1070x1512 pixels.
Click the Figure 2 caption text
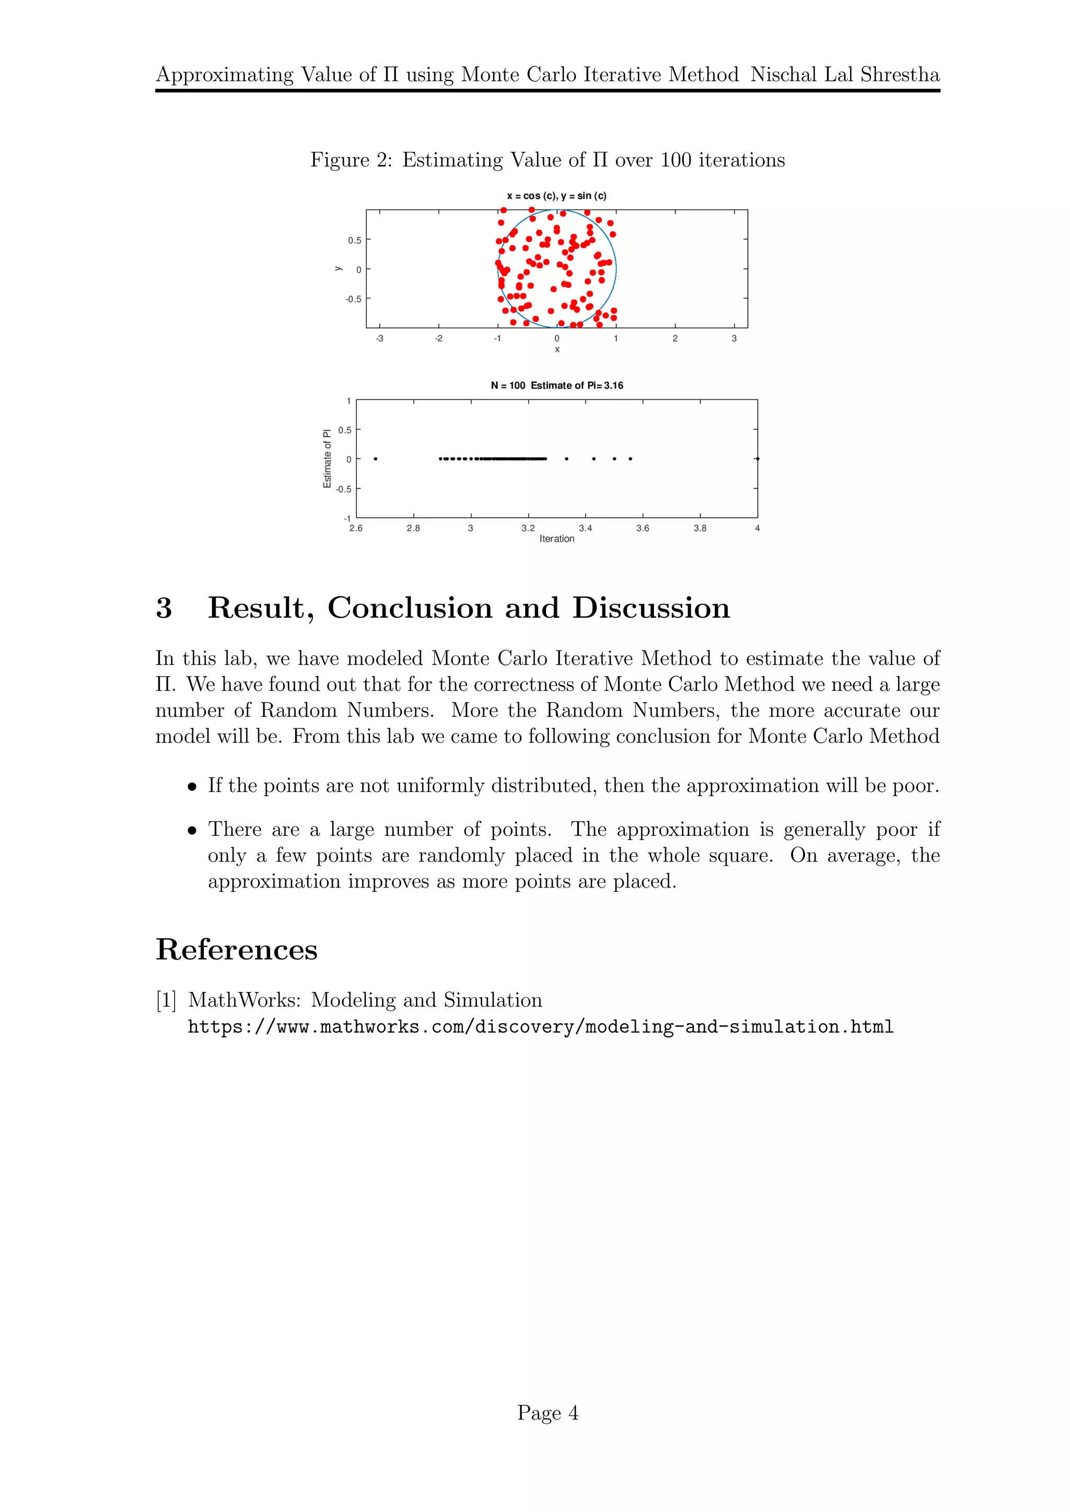pos(547,160)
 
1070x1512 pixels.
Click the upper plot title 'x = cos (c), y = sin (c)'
pos(557,196)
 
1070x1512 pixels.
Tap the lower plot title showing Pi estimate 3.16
pos(557,386)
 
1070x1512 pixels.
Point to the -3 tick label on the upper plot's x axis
pos(379,338)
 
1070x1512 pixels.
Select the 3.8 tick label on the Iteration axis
pos(700,528)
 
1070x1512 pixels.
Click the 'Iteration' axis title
pos(557,539)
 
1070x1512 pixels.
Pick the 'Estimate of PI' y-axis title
pos(327,459)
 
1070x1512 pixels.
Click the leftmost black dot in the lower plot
pos(376,459)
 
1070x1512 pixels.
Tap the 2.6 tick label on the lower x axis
pos(356,528)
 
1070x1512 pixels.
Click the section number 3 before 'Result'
pos(164,608)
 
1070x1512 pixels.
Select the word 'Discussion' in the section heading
pos(651,608)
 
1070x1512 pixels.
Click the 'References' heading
pos(237,950)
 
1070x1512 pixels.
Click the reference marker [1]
pos(166,1000)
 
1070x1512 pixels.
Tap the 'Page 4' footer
pos(548,1413)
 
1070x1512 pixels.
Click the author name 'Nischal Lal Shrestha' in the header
pos(845,75)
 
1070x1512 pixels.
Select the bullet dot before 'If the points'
pos(192,787)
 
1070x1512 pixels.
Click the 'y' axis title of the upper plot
pos(338,269)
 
